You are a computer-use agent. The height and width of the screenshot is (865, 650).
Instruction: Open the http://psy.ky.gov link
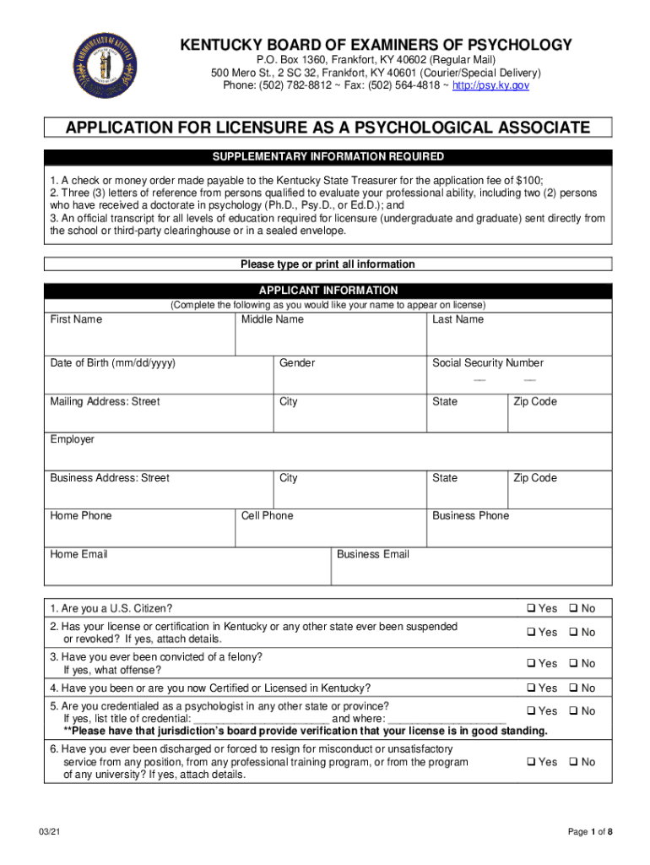(491, 85)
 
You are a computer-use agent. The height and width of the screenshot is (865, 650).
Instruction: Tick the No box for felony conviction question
(573, 663)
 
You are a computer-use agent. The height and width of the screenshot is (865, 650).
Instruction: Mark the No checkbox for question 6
(573, 762)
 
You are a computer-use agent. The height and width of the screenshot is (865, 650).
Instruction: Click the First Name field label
(76, 319)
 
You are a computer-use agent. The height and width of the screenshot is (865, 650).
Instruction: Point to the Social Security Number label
(488, 363)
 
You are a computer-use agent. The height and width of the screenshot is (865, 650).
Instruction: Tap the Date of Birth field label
(112, 363)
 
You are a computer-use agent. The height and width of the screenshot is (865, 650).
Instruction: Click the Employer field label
(73, 439)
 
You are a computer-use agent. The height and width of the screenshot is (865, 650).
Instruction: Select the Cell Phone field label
(268, 515)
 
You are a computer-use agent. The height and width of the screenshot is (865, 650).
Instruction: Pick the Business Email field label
(373, 554)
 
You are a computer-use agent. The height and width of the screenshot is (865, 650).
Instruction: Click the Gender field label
(297, 363)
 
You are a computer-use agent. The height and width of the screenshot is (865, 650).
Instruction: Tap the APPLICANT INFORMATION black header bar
(328, 290)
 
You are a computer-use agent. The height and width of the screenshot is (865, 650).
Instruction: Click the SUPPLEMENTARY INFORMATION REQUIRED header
(328, 157)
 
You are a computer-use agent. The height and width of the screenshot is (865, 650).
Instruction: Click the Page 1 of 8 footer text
(590, 832)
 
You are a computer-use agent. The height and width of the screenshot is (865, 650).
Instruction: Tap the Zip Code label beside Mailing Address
(535, 401)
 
